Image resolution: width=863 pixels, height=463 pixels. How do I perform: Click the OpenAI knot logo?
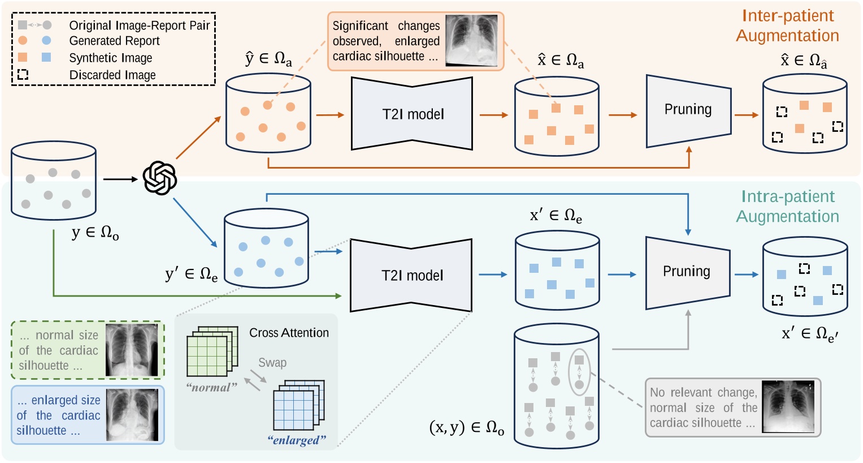[159, 178]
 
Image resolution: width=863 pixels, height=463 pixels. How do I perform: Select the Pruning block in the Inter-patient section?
[688, 110]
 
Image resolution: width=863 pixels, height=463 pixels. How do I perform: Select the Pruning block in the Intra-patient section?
[687, 272]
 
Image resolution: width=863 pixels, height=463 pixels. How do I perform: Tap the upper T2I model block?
[412, 114]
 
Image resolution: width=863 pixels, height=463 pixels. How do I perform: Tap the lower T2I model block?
[411, 276]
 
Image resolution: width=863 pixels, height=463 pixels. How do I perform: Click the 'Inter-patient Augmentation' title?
[787, 25]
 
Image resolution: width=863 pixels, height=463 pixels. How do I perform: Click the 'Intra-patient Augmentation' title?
[787, 207]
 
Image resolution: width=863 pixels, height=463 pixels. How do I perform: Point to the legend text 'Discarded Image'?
[112, 75]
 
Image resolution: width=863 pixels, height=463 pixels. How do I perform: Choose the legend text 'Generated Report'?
[114, 41]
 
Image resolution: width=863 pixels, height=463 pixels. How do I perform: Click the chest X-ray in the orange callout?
[472, 41]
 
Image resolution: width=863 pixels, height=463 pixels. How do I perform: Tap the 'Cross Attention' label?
[289, 333]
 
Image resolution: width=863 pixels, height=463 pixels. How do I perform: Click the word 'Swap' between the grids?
[272, 363]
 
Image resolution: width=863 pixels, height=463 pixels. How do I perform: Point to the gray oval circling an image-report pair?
[579, 372]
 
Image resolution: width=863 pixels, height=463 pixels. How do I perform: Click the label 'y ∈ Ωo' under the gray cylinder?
[95, 233]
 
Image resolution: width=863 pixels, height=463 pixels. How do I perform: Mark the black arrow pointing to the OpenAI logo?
[120, 179]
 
